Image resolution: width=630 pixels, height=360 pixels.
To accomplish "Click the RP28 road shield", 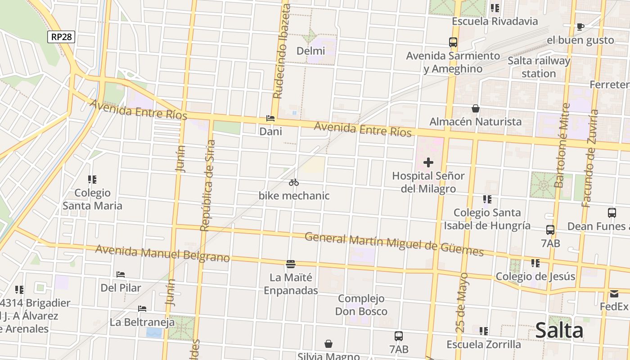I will (61, 37).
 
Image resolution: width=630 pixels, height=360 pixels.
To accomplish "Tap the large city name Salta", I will (559, 331).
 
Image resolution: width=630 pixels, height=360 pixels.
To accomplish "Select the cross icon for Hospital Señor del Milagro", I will (428, 162).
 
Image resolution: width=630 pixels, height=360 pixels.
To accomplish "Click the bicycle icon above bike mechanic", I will (294, 182).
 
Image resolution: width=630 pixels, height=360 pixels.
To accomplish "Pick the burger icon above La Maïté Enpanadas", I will (291, 264).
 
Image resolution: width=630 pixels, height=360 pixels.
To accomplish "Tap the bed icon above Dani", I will (270, 118).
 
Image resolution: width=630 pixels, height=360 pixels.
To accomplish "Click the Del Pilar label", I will (121, 288).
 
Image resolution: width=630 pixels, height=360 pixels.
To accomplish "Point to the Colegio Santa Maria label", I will (92, 199).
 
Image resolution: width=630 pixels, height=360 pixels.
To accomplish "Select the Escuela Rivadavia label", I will (495, 21).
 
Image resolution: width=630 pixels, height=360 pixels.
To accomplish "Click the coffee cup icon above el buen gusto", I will (580, 27).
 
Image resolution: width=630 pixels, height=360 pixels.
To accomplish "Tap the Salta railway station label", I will (539, 67).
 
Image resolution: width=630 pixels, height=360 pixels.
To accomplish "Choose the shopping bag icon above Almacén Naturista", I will (475, 108).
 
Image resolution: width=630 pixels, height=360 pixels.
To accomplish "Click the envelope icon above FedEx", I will (614, 294).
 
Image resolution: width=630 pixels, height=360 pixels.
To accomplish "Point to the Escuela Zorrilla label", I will (483, 344).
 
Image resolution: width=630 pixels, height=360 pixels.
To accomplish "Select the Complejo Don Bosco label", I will (361, 305).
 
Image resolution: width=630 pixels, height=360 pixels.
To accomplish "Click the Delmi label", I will (310, 51).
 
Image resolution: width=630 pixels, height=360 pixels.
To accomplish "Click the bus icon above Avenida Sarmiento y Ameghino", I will (453, 42).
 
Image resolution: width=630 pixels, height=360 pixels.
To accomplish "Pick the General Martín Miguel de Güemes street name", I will (394, 243).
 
